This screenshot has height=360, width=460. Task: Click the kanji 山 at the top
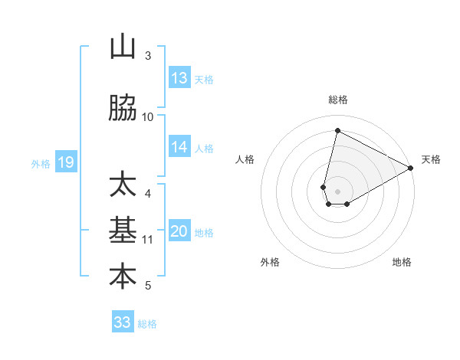pyautogui.click(x=123, y=47)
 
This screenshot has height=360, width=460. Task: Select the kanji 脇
pyautogui.click(x=123, y=110)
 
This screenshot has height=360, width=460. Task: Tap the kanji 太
pyautogui.click(x=123, y=185)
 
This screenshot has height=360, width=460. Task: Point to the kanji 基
pyautogui.click(x=123, y=231)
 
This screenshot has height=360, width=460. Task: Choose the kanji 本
pyautogui.click(x=123, y=277)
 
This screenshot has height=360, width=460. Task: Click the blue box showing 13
pyautogui.click(x=179, y=78)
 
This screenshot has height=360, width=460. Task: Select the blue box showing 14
pyautogui.click(x=179, y=147)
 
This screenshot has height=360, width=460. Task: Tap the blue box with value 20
pyautogui.click(x=179, y=232)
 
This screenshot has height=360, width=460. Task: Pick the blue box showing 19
pyautogui.click(x=65, y=162)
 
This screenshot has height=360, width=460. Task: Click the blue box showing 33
pyautogui.click(x=123, y=322)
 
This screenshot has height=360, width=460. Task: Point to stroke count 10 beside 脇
pyautogui.click(x=148, y=116)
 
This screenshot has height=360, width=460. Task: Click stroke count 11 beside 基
pyautogui.click(x=148, y=239)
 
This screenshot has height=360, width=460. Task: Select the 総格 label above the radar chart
pyautogui.click(x=337, y=100)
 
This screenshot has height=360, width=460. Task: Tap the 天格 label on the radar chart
pyautogui.click(x=431, y=159)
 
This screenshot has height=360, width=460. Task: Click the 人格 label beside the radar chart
pyautogui.click(x=245, y=159)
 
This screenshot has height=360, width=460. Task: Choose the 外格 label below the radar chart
pyautogui.click(x=270, y=262)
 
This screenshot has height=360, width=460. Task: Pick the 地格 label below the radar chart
pyautogui.click(x=402, y=262)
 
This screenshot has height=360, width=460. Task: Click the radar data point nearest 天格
pyautogui.click(x=411, y=169)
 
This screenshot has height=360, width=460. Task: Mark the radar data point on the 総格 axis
pyautogui.click(x=337, y=130)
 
